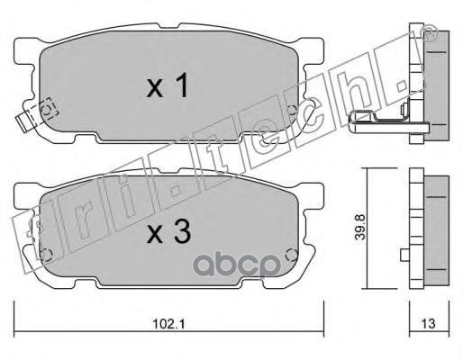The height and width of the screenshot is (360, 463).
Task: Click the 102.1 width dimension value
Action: pos(169,324)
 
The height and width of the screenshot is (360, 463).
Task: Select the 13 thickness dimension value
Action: pos(428,324)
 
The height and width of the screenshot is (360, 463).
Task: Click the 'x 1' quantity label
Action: pos(168,85)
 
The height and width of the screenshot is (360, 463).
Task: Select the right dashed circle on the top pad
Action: pos(292,110)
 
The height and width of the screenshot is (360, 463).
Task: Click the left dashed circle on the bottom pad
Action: pos(47,255)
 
